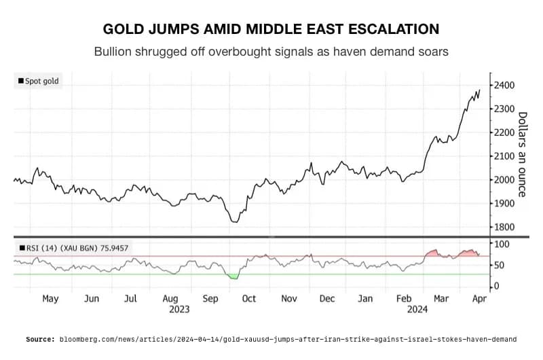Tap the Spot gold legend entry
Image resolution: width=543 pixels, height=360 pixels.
click(x=39, y=82)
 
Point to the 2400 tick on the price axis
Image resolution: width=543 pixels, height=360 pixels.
click(x=504, y=85)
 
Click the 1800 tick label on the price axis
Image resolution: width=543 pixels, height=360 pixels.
click(x=504, y=227)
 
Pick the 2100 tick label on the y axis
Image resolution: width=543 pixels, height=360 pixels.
click(x=504, y=156)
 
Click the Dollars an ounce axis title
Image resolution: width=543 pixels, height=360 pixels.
click(x=522, y=154)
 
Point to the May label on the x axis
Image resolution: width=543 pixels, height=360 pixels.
click(x=50, y=298)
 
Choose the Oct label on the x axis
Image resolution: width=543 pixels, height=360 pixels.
click(x=249, y=298)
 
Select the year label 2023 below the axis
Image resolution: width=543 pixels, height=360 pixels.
click(x=179, y=309)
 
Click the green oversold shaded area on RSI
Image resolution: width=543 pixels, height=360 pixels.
click(x=233, y=276)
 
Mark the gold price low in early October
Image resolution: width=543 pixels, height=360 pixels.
click(x=234, y=221)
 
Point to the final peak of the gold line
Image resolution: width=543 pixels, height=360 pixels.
click(x=479, y=90)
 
